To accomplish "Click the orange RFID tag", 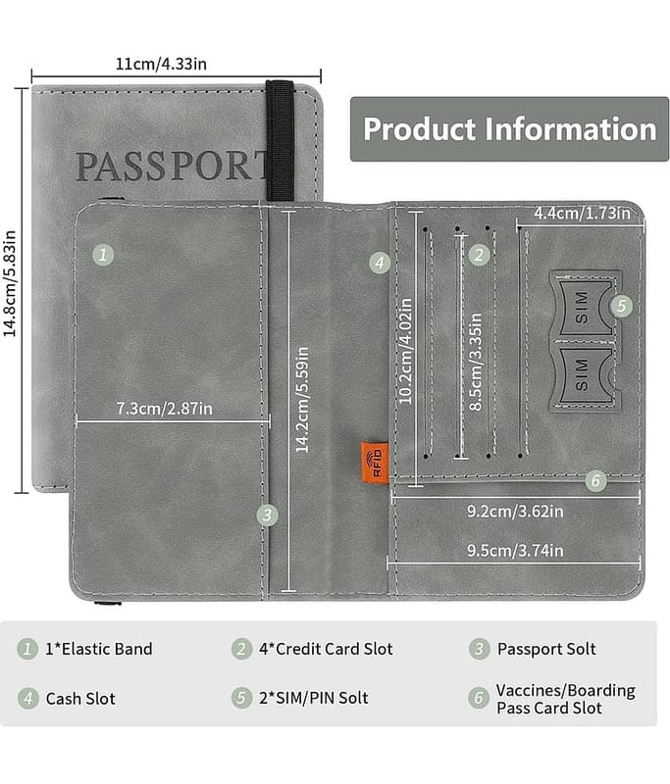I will [x=374, y=461].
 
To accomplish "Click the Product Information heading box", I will [x=509, y=128].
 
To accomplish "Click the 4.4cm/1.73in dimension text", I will [x=583, y=214].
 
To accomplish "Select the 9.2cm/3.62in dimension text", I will [x=514, y=511].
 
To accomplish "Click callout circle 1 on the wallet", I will [x=103, y=256].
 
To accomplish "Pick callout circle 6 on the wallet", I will [x=595, y=480].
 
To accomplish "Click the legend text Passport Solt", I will [x=546, y=649].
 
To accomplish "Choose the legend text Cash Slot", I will [x=80, y=699].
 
